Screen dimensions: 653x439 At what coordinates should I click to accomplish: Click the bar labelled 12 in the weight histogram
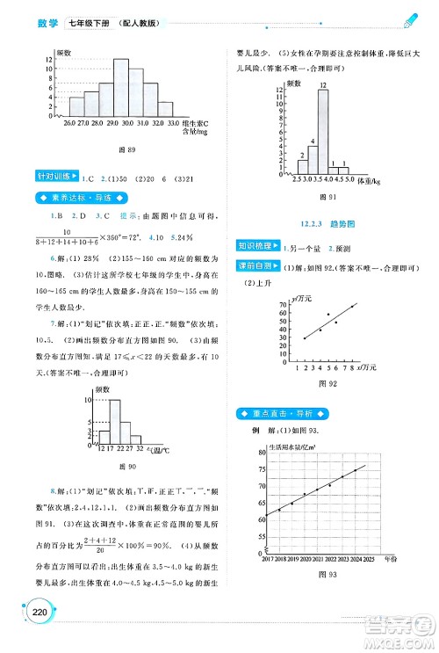click(x=324, y=131)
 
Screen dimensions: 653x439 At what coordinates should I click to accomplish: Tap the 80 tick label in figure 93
click(x=263, y=453)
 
